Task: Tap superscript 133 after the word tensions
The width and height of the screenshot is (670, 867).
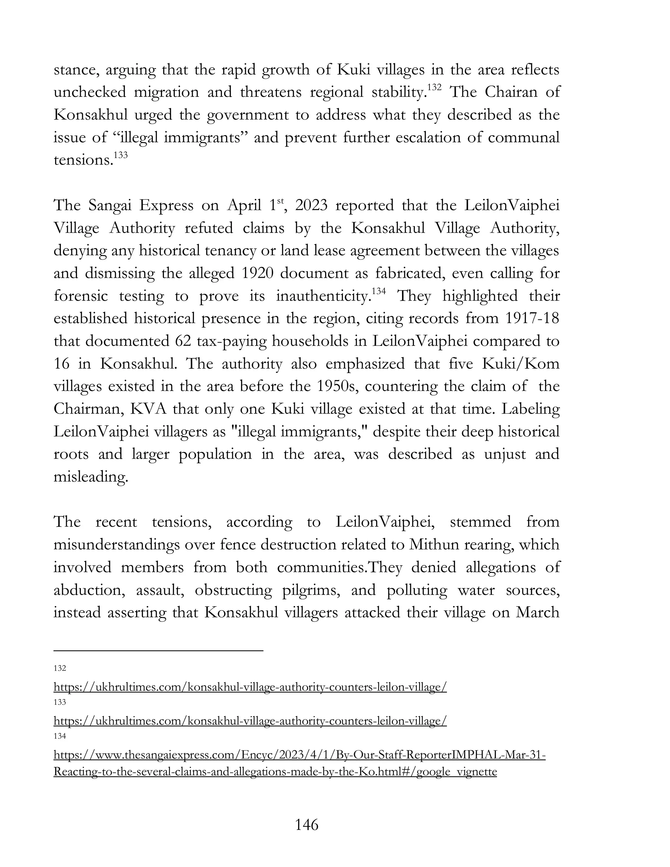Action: tap(121, 155)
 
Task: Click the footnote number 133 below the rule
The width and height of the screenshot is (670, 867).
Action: tap(60, 702)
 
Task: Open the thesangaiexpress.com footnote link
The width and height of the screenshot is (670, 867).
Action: tap(299, 755)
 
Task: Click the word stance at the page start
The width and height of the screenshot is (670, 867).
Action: tap(76, 70)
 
